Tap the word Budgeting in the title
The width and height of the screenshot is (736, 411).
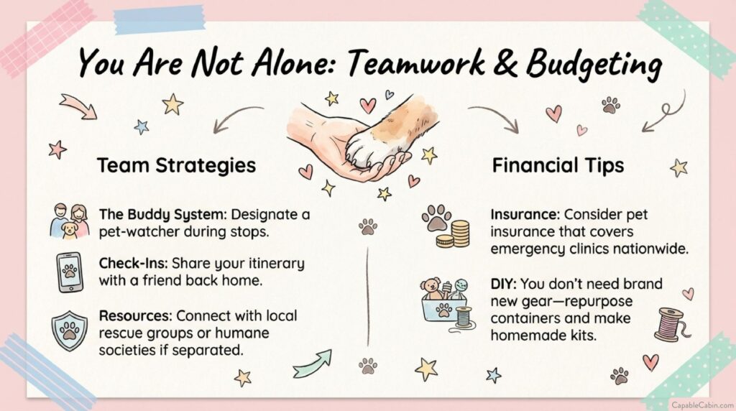tap(593, 65)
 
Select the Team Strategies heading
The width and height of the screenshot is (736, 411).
tap(177, 165)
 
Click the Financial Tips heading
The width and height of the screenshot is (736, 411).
tap(558, 165)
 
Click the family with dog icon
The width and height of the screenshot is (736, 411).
tap(70, 221)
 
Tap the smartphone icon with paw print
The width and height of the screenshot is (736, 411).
tap(70, 272)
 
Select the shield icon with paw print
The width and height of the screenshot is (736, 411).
tap(70, 331)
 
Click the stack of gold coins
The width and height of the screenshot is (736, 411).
tap(454, 234)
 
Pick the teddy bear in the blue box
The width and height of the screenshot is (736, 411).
tap(431, 289)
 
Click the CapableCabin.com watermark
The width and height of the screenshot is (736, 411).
tap(702, 405)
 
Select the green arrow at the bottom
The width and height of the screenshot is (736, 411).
tap(313, 364)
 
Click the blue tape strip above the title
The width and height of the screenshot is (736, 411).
tap(160, 19)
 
